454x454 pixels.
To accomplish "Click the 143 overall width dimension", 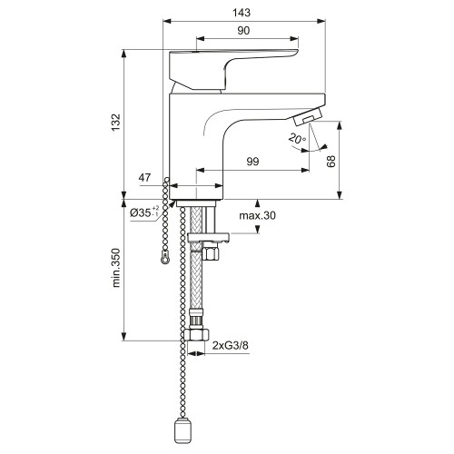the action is coord(242,13).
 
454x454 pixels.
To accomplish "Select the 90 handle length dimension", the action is coord(243,31).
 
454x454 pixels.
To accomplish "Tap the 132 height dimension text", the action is coord(115,123).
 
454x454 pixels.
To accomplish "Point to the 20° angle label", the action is coord(297,138).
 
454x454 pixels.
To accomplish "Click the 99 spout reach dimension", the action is coord(252,162).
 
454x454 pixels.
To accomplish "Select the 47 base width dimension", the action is coord(144,177).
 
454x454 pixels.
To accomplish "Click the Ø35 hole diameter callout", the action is coord(144,212).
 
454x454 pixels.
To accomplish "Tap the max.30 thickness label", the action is coord(257,215).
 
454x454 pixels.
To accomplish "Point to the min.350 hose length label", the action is coord(116,268).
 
